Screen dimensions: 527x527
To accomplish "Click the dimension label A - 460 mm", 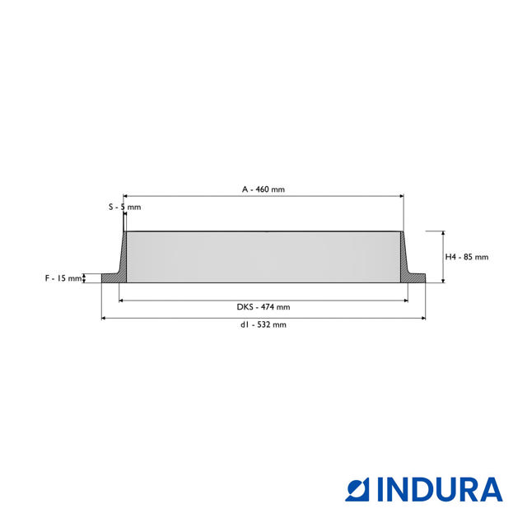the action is [x=263, y=189].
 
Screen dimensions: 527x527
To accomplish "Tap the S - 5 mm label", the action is [x=124, y=207].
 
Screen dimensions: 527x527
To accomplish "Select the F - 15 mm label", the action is [x=63, y=278].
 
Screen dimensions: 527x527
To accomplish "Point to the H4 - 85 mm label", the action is [x=467, y=257].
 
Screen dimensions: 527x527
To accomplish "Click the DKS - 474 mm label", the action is [x=263, y=307].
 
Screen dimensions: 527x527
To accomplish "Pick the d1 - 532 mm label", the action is [x=263, y=324].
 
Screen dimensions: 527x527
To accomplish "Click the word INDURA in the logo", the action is [x=440, y=490].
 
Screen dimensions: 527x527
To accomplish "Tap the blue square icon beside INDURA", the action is [x=357, y=490].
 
